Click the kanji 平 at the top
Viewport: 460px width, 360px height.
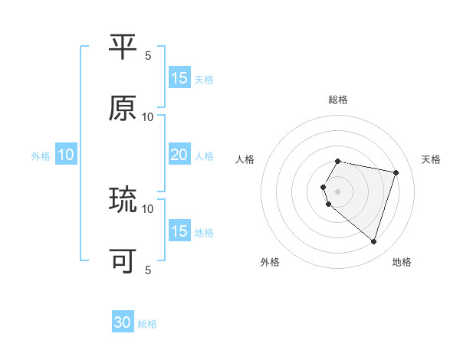point(123,47)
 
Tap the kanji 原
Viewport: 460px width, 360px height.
point(123,109)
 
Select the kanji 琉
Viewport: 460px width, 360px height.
point(123,200)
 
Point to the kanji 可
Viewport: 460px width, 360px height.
point(123,261)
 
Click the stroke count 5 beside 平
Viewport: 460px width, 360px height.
point(148,55)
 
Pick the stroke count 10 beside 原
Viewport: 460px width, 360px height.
point(148,116)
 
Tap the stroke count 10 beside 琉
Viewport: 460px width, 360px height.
point(148,208)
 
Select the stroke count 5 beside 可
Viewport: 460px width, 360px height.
point(148,270)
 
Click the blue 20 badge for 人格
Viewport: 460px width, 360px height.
point(179,155)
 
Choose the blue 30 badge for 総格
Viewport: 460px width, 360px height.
point(123,323)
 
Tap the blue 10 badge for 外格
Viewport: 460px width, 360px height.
point(66,155)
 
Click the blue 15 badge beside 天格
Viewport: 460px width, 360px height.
point(179,78)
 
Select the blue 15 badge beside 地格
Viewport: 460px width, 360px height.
point(179,231)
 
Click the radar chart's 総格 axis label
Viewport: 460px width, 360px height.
point(338,100)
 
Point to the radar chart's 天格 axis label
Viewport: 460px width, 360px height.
point(432,159)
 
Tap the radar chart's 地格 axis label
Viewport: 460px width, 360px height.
point(402,263)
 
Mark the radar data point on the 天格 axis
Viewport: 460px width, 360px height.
point(396,173)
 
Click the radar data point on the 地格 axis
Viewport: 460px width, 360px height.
point(373,242)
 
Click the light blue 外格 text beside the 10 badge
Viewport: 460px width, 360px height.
point(41,156)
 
